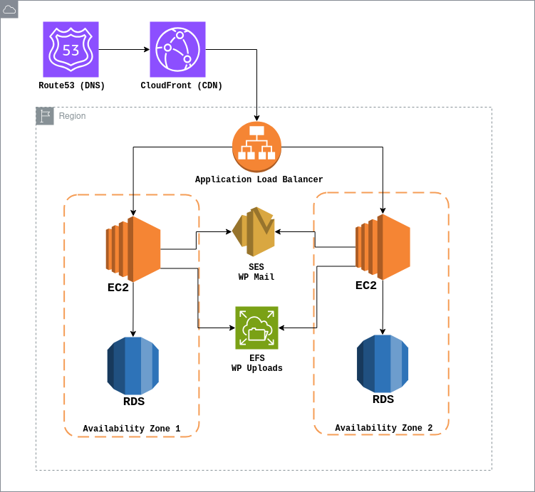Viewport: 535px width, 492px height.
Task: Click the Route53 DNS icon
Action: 71,49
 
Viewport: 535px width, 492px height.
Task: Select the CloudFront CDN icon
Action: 177,49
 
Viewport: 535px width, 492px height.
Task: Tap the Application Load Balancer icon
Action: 257,147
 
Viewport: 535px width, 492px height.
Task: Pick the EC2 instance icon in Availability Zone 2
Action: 383,247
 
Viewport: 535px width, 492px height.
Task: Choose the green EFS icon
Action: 257,328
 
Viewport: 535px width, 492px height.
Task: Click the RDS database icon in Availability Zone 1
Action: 133,366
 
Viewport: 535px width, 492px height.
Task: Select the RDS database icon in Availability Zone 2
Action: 383,363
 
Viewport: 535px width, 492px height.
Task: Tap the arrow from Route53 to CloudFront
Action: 124,50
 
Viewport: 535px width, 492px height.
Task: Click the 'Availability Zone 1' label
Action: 132,429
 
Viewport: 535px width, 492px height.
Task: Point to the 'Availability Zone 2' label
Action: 383,428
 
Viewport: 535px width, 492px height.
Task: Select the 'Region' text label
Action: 72,116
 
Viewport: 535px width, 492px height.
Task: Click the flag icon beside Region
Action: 45,116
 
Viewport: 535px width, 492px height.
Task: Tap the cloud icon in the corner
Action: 9,9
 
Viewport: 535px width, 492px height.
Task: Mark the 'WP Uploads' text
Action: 257,369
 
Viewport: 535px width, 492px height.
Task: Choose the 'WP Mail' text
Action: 256,278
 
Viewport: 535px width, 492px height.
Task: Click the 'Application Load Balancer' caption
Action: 259,180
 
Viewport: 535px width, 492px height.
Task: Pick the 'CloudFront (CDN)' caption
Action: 182,86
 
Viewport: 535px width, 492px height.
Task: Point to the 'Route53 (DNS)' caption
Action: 72,86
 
